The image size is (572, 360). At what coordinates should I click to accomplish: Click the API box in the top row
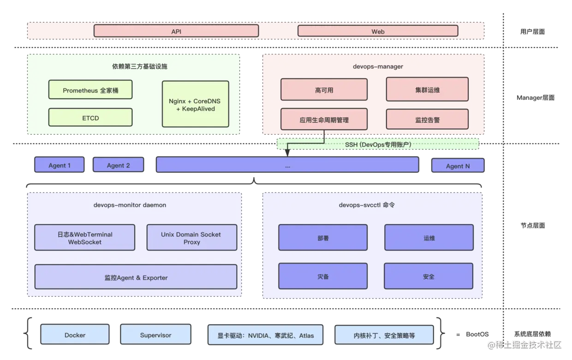pyautogui.click(x=176, y=31)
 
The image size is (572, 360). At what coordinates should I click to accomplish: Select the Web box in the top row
pyautogui.click(x=378, y=31)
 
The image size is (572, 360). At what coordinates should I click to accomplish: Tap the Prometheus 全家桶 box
pyautogui.click(x=90, y=90)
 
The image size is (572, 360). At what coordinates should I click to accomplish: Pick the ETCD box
pyautogui.click(x=90, y=117)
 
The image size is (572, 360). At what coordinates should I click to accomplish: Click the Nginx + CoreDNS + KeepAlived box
pyautogui.click(x=195, y=104)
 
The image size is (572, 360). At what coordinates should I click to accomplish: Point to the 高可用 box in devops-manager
pyautogui.click(x=324, y=90)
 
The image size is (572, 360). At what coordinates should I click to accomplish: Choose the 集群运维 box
pyautogui.click(x=427, y=90)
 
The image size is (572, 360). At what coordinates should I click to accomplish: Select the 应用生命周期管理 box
pyautogui.click(x=324, y=119)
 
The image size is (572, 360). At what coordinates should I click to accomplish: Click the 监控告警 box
pyautogui.click(x=427, y=119)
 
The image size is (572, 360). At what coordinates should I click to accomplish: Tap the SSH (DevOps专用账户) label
pyautogui.click(x=378, y=144)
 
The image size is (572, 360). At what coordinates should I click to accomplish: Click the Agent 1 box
pyautogui.click(x=60, y=165)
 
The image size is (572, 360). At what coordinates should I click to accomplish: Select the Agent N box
pyautogui.click(x=458, y=165)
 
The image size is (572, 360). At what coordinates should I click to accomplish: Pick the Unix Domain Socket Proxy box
pyautogui.click(x=191, y=238)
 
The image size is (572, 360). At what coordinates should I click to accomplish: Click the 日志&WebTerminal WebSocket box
pyautogui.click(x=85, y=238)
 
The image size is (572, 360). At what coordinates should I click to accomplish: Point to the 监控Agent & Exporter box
pyautogui.click(x=136, y=277)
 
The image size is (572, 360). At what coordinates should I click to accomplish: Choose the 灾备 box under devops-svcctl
pyautogui.click(x=323, y=276)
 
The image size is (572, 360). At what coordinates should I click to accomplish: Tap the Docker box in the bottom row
pyautogui.click(x=75, y=335)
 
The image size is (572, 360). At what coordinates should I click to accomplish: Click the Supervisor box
pyautogui.click(x=155, y=335)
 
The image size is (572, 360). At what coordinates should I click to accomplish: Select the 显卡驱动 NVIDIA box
pyautogui.click(x=265, y=335)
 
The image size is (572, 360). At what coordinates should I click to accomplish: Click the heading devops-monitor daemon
pyautogui.click(x=130, y=205)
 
